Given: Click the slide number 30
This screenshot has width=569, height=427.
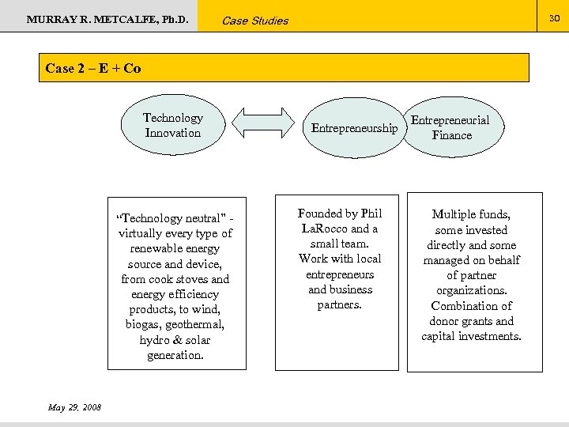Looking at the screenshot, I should pyautogui.click(x=555, y=16).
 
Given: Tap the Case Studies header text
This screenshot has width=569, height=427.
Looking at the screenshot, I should pyautogui.click(x=254, y=21).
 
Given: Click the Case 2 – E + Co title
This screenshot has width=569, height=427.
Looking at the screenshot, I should pyautogui.click(x=93, y=68).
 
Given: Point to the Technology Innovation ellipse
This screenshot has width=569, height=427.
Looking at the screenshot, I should pyautogui.click(x=173, y=126).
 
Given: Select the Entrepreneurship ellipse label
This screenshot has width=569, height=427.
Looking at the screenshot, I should pyautogui.click(x=354, y=128).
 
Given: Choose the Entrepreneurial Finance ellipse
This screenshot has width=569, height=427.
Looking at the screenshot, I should pyautogui.click(x=451, y=128).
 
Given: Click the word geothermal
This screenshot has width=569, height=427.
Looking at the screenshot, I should pyautogui.click(x=198, y=325).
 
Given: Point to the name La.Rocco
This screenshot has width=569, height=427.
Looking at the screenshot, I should pyautogui.click(x=324, y=229).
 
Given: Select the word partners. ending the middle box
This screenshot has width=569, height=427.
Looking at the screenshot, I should pyautogui.click(x=339, y=304).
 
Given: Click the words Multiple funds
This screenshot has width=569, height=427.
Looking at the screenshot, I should pyautogui.click(x=471, y=214).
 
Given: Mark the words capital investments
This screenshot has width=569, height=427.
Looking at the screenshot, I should pyautogui.click(x=471, y=336).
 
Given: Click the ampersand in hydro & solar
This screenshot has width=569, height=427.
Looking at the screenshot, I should pyautogui.click(x=176, y=340).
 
